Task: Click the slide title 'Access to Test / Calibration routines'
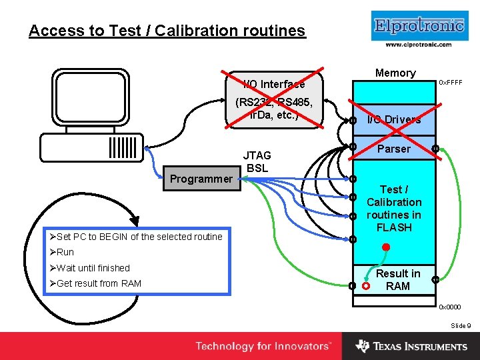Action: click(x=167, y=31)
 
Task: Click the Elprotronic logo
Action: click(x=418, y=26)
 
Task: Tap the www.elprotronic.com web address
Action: click(x=418, y=45)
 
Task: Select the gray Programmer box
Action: click(x=201, y=179)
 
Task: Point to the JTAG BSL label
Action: click(x=257, y=161)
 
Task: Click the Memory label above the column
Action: click(x=395, y=73)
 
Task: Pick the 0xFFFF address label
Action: click(x=450, y=83)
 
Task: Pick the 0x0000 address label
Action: click(x=449, y=307)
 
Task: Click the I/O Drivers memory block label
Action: click(x=394, y=120)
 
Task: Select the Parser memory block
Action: click(x=394, y=149)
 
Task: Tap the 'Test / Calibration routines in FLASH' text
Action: click(x=394, y=208)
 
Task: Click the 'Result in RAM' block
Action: click(x=397, y=280)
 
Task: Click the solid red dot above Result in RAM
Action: click(x=386, y=248)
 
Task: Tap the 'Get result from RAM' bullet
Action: click(x=95, y=283)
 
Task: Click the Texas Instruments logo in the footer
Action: click(x=411, y=346)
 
